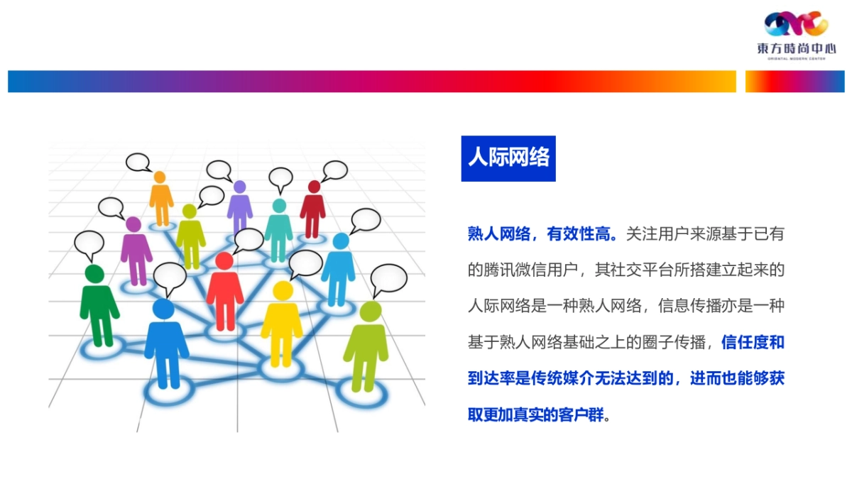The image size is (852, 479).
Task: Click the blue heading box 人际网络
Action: point(508,158)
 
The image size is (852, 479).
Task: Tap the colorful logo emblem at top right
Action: point(796,25)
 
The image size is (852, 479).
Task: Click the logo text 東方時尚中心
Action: point(796,49)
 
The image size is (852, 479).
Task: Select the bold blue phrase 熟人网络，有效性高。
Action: point(543,234)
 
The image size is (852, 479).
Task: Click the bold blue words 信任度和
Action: point(753,343)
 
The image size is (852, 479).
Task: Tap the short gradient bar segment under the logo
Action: point(794,82)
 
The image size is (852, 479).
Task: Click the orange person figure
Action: point(161,199)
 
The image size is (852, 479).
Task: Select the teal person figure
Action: point(278,229)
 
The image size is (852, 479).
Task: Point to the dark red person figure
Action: point(312,209)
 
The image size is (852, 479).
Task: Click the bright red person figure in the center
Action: point(224,291)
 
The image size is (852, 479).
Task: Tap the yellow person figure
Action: point(282,323)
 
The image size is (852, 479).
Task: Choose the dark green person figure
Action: point(98,305)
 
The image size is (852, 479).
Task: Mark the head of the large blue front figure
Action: point(163,309)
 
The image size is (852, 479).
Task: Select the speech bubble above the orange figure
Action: point(138,163)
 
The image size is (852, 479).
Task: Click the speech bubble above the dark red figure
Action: point(334,170)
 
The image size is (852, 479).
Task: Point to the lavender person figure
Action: point(240,208)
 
